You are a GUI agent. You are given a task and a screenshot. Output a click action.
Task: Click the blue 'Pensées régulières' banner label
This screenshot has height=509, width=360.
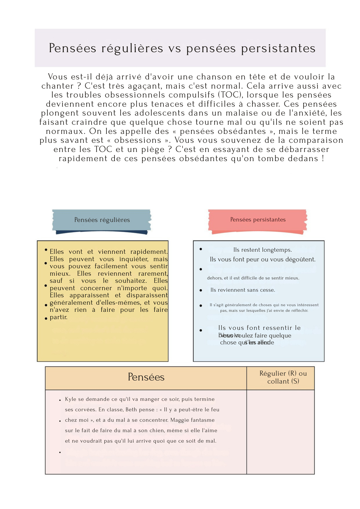102,220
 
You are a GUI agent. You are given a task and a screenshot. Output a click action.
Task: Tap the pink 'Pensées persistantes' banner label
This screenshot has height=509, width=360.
258,220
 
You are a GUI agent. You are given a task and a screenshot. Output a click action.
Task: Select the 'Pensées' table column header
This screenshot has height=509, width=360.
146,377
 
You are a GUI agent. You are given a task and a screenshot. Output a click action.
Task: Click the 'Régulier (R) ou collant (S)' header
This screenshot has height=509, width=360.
283,377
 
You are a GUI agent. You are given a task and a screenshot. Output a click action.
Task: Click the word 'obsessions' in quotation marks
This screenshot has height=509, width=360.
138,140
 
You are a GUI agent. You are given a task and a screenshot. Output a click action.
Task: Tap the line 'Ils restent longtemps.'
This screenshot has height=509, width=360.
262,250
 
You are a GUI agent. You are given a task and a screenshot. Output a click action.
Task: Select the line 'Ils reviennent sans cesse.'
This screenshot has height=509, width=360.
243,290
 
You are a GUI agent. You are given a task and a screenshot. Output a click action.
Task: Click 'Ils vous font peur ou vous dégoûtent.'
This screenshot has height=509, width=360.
262,259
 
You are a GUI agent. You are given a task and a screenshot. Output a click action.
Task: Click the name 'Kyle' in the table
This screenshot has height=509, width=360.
71,399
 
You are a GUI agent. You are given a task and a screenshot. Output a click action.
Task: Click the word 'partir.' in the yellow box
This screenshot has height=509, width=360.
59,317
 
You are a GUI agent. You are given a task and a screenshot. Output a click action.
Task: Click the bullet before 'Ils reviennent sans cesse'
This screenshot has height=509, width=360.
201,290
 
